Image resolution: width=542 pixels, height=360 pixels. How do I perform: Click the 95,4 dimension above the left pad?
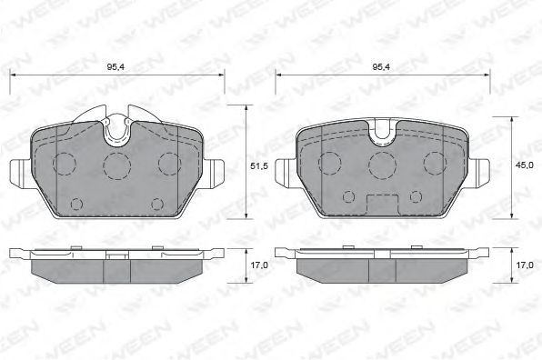(115, 66)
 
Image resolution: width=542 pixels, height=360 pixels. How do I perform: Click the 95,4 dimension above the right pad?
(381, 66)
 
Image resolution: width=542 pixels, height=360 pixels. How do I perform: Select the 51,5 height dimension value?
(259, 166)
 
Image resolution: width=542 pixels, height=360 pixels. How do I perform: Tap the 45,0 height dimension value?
(525, 165)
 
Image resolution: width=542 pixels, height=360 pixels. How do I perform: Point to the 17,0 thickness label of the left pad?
(259, 265)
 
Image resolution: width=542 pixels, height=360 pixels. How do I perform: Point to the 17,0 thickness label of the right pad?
(525, 265)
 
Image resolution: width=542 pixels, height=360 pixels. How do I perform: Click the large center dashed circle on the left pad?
(117, 165)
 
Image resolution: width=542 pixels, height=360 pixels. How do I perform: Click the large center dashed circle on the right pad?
(382, 165)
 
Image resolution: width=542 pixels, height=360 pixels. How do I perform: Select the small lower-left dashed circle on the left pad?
(76, 205)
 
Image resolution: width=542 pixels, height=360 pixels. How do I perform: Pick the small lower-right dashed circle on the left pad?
(157, 205)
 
